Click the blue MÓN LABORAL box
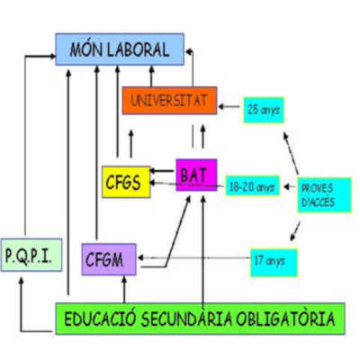[120, 49]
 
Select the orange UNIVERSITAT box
[169, 101]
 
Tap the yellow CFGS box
[126, 182]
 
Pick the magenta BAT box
[196, 175]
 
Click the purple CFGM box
[109, 259]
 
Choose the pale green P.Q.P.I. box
[31, 255]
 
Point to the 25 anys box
[264, 110]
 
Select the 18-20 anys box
[252, 186]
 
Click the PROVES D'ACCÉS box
[324, 195]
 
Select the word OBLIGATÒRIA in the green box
[285, 319]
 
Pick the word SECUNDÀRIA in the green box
[186, 319]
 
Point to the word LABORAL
[139, 49]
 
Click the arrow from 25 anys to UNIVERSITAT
[229, 106]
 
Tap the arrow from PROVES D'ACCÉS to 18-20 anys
[290, 187]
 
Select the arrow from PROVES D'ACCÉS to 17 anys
[295, 231]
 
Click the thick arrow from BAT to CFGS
[162, 171]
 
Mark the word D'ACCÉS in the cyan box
[318, 202]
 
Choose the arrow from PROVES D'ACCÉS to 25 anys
[291, 153]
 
